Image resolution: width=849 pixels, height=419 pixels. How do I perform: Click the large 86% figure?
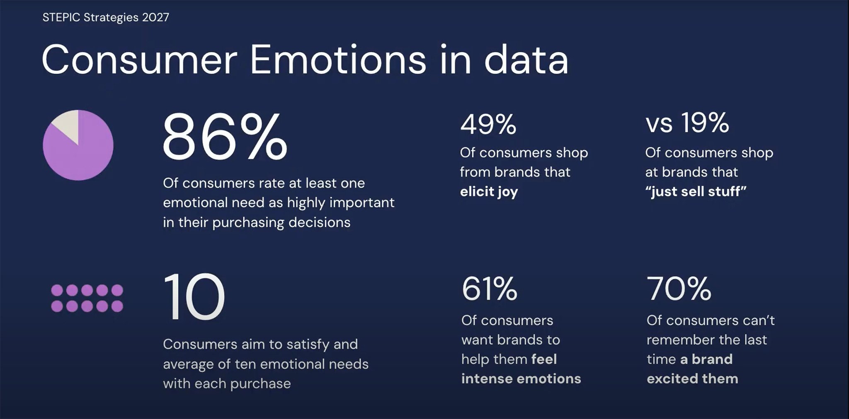(x=225, y=137)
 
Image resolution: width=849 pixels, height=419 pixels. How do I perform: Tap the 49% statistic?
(x=488, y=124)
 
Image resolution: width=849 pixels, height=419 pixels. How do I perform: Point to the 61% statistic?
(x=490, y=289)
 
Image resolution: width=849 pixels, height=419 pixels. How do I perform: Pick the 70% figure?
(x=679, y=289)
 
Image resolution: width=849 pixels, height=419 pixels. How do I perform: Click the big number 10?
(x=194, y=296)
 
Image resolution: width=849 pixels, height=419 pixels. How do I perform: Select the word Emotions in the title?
(x=338, y=60)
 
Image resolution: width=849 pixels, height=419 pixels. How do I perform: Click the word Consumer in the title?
(x=139, y=60)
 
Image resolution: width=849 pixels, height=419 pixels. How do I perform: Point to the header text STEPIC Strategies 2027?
(x=106, y=17)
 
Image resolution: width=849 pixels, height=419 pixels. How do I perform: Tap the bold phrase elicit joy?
(x=489, y=192)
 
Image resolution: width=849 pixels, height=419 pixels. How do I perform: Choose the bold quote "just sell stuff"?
(x=696, y=191)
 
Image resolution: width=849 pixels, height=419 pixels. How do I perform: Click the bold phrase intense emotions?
(x=521, y=378)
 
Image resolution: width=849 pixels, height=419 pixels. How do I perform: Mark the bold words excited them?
(x=692, y=378)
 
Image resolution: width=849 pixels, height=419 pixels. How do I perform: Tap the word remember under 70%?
(x=680, y=340)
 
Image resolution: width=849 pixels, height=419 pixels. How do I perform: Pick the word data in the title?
(x=526, y=60)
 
